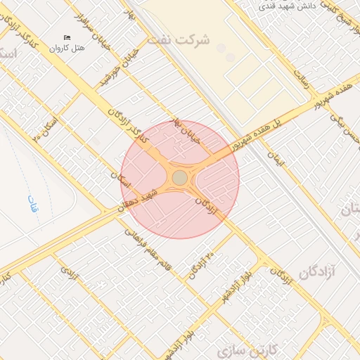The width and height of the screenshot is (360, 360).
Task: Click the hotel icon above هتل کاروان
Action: coord(67,37)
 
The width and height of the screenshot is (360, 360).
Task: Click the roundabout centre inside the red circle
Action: coord(180,178)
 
